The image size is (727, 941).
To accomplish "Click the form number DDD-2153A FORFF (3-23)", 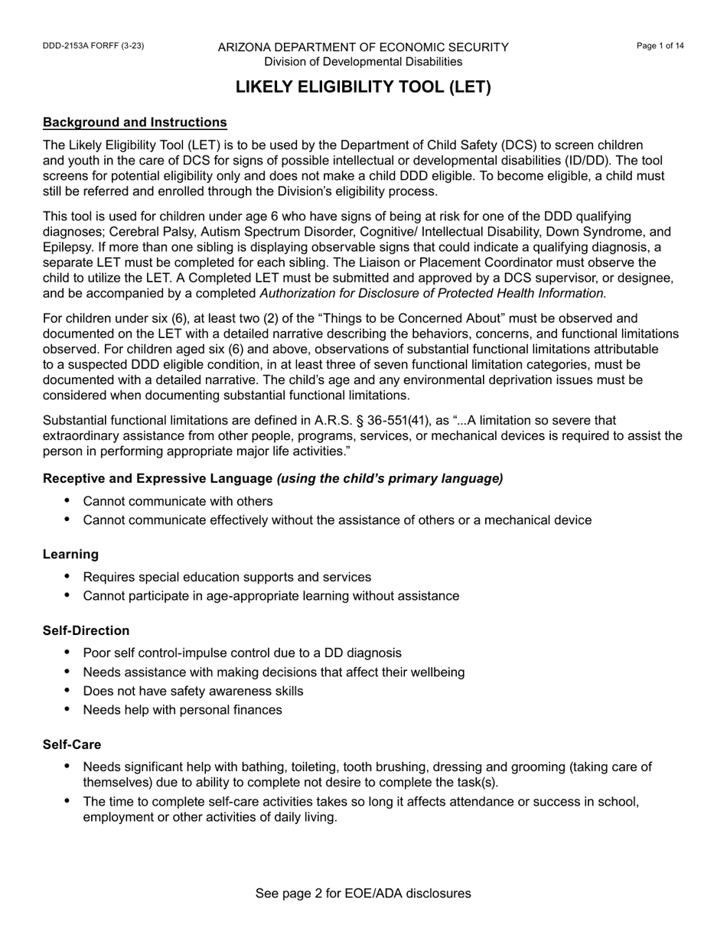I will pyautogui.click(x=93, y=46).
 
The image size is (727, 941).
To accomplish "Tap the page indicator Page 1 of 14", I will pyautogui.click(x=660, y=46).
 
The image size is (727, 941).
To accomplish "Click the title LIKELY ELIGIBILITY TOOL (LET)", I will pyautogui.click(x=363, y=87).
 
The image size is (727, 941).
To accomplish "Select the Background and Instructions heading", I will pyautogui.click(x=135, y=122).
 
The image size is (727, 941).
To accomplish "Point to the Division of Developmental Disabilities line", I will pyautogui.click(x=363, y=61).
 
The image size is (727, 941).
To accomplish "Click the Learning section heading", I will pyautogui.click(x=70, y=554).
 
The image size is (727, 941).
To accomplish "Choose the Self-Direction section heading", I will pyautogui.click(x=86, y=630).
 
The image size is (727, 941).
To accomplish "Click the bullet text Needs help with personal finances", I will pyautogui.click(x=182, y=710).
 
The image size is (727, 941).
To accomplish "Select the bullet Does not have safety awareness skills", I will pyautogui.click(x=193, y=691).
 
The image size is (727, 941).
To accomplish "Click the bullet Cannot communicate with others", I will pyautogui.click(x=178, y=501).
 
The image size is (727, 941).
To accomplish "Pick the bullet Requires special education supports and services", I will pyautogui.click(x=227, y=577).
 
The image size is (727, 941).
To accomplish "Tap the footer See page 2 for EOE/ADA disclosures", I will pyautogui.click(x=363, y=894).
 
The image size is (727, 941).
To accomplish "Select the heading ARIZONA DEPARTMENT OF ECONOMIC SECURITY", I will pyautogui.click(x=363, y=47).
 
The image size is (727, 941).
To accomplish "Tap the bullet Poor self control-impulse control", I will pyautogui.click(x=242, y=653).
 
